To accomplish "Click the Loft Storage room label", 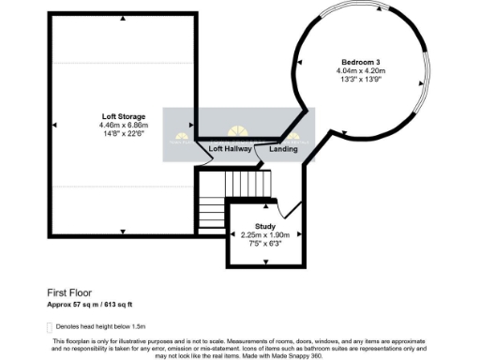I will click(x=124, y=115).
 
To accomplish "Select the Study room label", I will click(x=265, y=225).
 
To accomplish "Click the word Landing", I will click(x=284, y=149).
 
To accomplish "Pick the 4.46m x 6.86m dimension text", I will click(x=124, y=125).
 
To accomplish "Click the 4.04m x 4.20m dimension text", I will click(x=361, y=70).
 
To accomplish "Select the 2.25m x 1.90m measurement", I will click(x=265, y=234).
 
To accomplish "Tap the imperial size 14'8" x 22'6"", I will click(x=124, y=133).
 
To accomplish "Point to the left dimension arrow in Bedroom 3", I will click(x=300, y=63).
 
